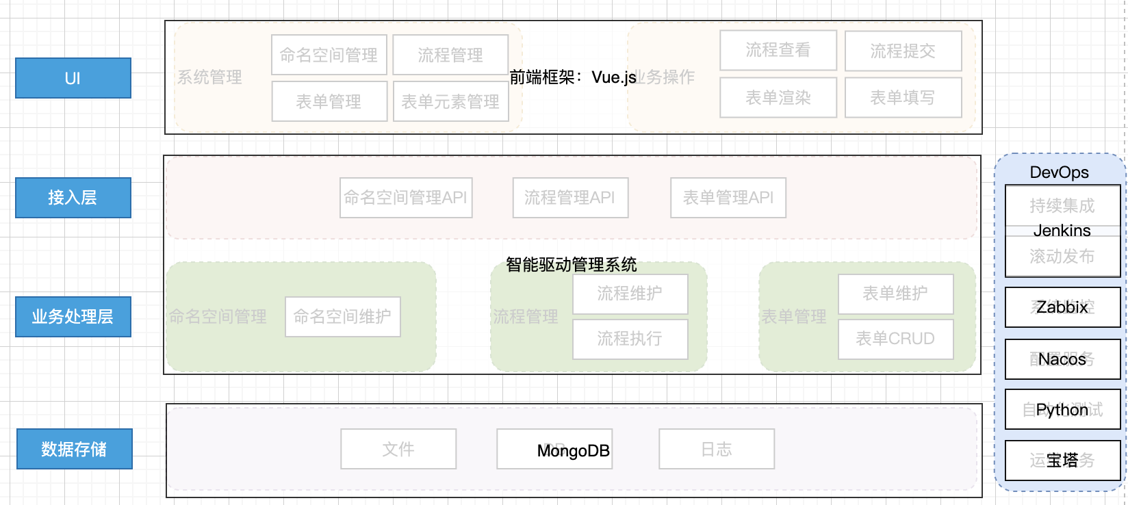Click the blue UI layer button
pos(73,78)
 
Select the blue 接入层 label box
pos(73,198)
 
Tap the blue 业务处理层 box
pos(73,317)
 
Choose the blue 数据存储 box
pos(74,449)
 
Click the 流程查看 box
pos(778,50)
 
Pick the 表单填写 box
pos(903,98)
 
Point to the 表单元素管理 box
pos(450,101)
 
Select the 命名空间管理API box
pos(406,198)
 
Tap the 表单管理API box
pos(728,198)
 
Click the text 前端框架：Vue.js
pos(573,77)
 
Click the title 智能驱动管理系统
pos(571,264)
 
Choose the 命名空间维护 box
pos(342,317)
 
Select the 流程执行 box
pos(630,339)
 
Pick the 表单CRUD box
pos(895,339)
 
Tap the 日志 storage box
pos(717,449)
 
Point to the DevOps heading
pos(1059,172)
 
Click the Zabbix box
pos(1062,307)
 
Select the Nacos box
pos(1062,359)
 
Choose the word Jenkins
pos(1062,231)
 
